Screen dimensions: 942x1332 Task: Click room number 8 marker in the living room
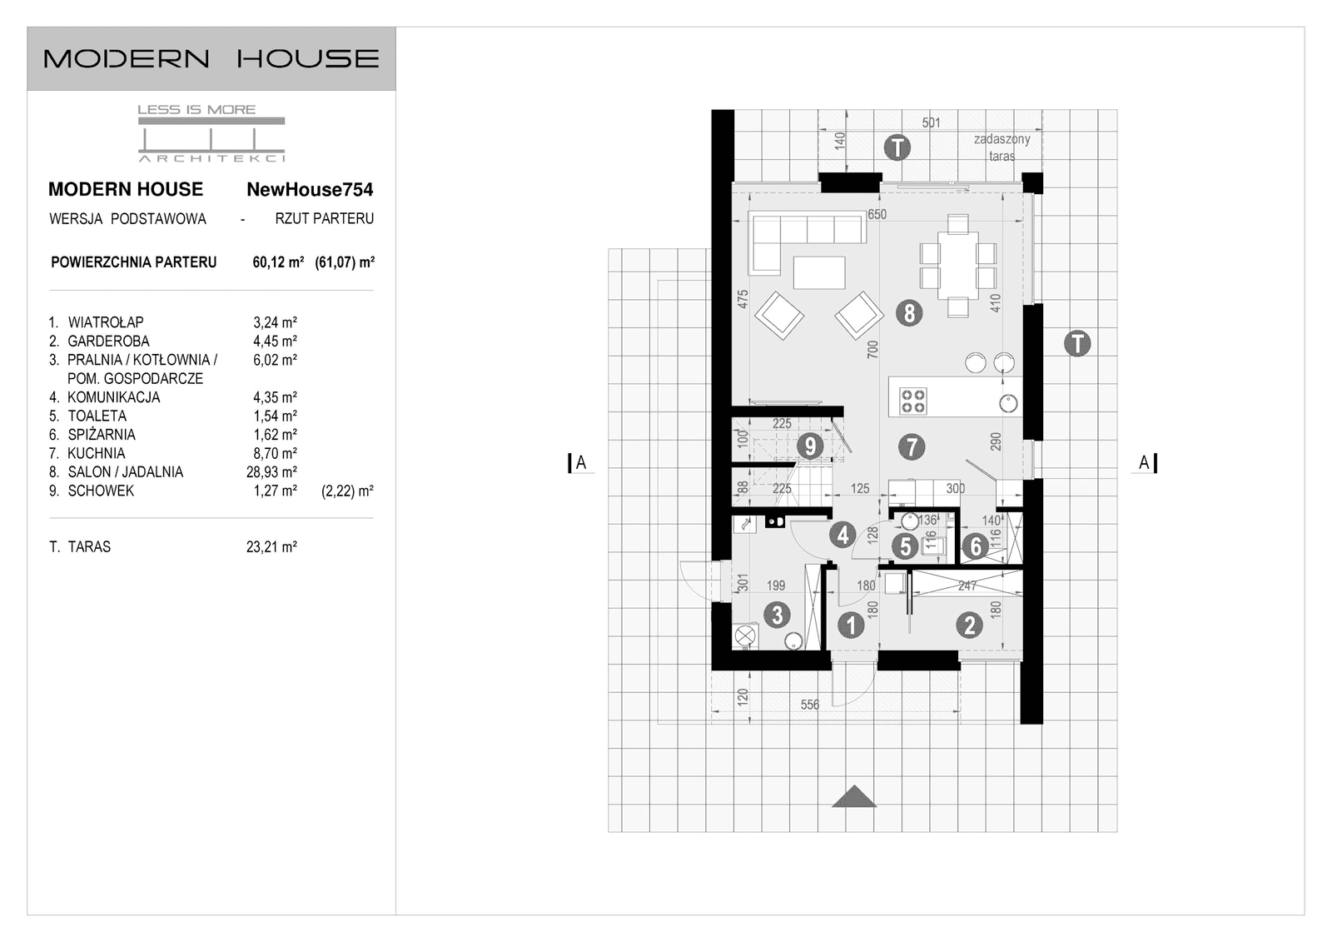point(909,313)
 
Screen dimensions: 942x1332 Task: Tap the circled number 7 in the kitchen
point(912,447)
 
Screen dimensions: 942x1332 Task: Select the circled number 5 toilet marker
point(904,546)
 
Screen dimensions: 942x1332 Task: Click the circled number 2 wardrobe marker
point(969,625)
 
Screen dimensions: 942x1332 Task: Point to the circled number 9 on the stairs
point(809,446)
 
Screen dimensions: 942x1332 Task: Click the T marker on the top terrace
point(897,148)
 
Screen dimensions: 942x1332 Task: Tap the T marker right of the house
point(1077,343)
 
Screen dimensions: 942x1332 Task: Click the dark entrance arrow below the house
point(854,797)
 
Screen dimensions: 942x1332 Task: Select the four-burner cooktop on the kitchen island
point(913,401)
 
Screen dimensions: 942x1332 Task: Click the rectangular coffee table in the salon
point(819,272)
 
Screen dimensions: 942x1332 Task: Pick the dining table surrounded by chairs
point(957,266)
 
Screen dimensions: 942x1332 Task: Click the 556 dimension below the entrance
point(809,705)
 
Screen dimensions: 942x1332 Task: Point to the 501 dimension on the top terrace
point(931,123)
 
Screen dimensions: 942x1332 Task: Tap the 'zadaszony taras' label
point(1001,147)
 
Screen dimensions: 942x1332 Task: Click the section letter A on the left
point(581,463)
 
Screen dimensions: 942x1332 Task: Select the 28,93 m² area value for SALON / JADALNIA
point(271,472)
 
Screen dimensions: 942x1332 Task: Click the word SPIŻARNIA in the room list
point(102,435)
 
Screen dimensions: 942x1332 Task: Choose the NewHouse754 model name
point(310,190)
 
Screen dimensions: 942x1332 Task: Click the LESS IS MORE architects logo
point(211,133)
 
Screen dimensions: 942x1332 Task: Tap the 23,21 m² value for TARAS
point(271,547)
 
